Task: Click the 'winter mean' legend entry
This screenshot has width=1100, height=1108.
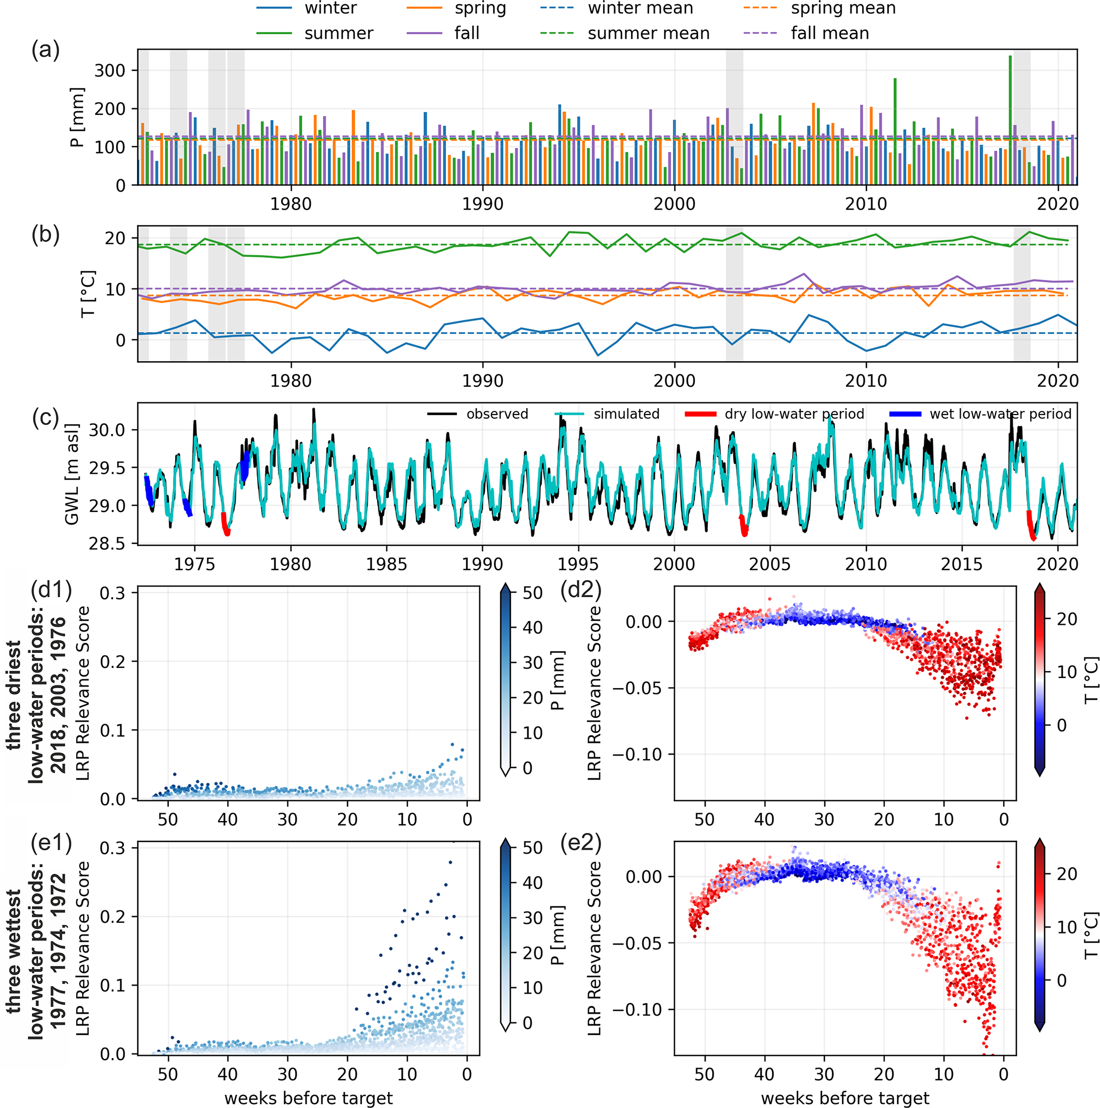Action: point(640,9)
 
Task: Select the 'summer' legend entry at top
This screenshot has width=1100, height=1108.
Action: point(338,34)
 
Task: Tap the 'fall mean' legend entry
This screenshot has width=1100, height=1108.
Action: point(829,34)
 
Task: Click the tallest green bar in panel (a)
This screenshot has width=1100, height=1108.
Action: point(1010,120)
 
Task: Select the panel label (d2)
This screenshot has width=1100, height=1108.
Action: point(581,590)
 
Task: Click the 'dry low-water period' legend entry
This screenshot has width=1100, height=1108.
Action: point(794,414)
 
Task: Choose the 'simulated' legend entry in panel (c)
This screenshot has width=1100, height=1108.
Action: point(626,414)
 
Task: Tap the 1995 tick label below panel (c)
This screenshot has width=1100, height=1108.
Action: point(578,564)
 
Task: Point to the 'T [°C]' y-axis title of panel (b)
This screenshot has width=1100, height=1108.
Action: point(88,294)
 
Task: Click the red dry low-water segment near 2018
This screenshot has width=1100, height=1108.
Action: point(1031,525)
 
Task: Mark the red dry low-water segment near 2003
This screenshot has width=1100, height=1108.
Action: point(743,525)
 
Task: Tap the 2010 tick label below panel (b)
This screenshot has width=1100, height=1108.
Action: point(866,381)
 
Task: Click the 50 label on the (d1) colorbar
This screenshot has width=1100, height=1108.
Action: point(532,592)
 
